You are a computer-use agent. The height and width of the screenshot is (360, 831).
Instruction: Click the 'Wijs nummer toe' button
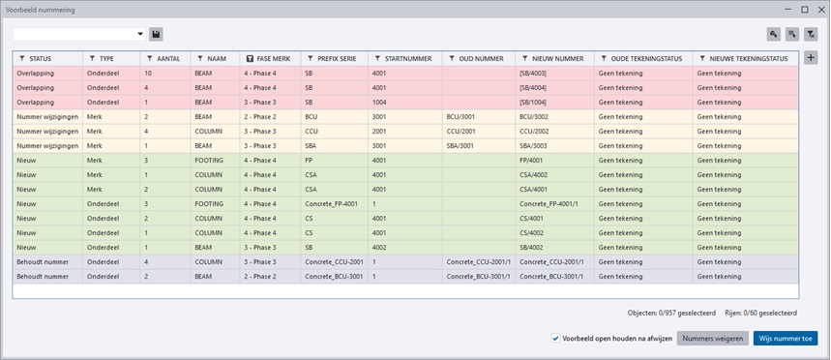tap(786, 339)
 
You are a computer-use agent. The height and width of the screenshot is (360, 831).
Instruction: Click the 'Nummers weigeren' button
tap(713, 339)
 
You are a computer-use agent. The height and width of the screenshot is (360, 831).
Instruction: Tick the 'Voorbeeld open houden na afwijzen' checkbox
tap(555, 339)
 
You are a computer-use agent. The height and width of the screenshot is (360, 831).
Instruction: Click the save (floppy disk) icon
tap(156, 34)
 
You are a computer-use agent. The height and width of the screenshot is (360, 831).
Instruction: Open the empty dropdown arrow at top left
tap(140, 34)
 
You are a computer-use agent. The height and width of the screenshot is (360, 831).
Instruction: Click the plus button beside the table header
tap(811, 58)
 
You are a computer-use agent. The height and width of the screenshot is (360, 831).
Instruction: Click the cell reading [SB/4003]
tap(533, 74)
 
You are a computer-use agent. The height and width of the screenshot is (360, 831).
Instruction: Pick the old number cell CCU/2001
tap(461, 131)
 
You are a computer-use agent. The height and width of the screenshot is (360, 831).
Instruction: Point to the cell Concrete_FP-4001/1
tap(546, 203)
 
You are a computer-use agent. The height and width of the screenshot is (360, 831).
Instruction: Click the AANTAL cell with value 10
tap(148, 74)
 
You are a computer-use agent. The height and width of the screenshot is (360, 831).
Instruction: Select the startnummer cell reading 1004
tap(379, 102)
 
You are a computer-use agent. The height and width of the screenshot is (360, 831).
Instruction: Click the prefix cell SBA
tap(312, 146)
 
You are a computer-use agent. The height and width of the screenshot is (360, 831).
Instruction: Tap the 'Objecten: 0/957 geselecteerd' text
tap(671, 313)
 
